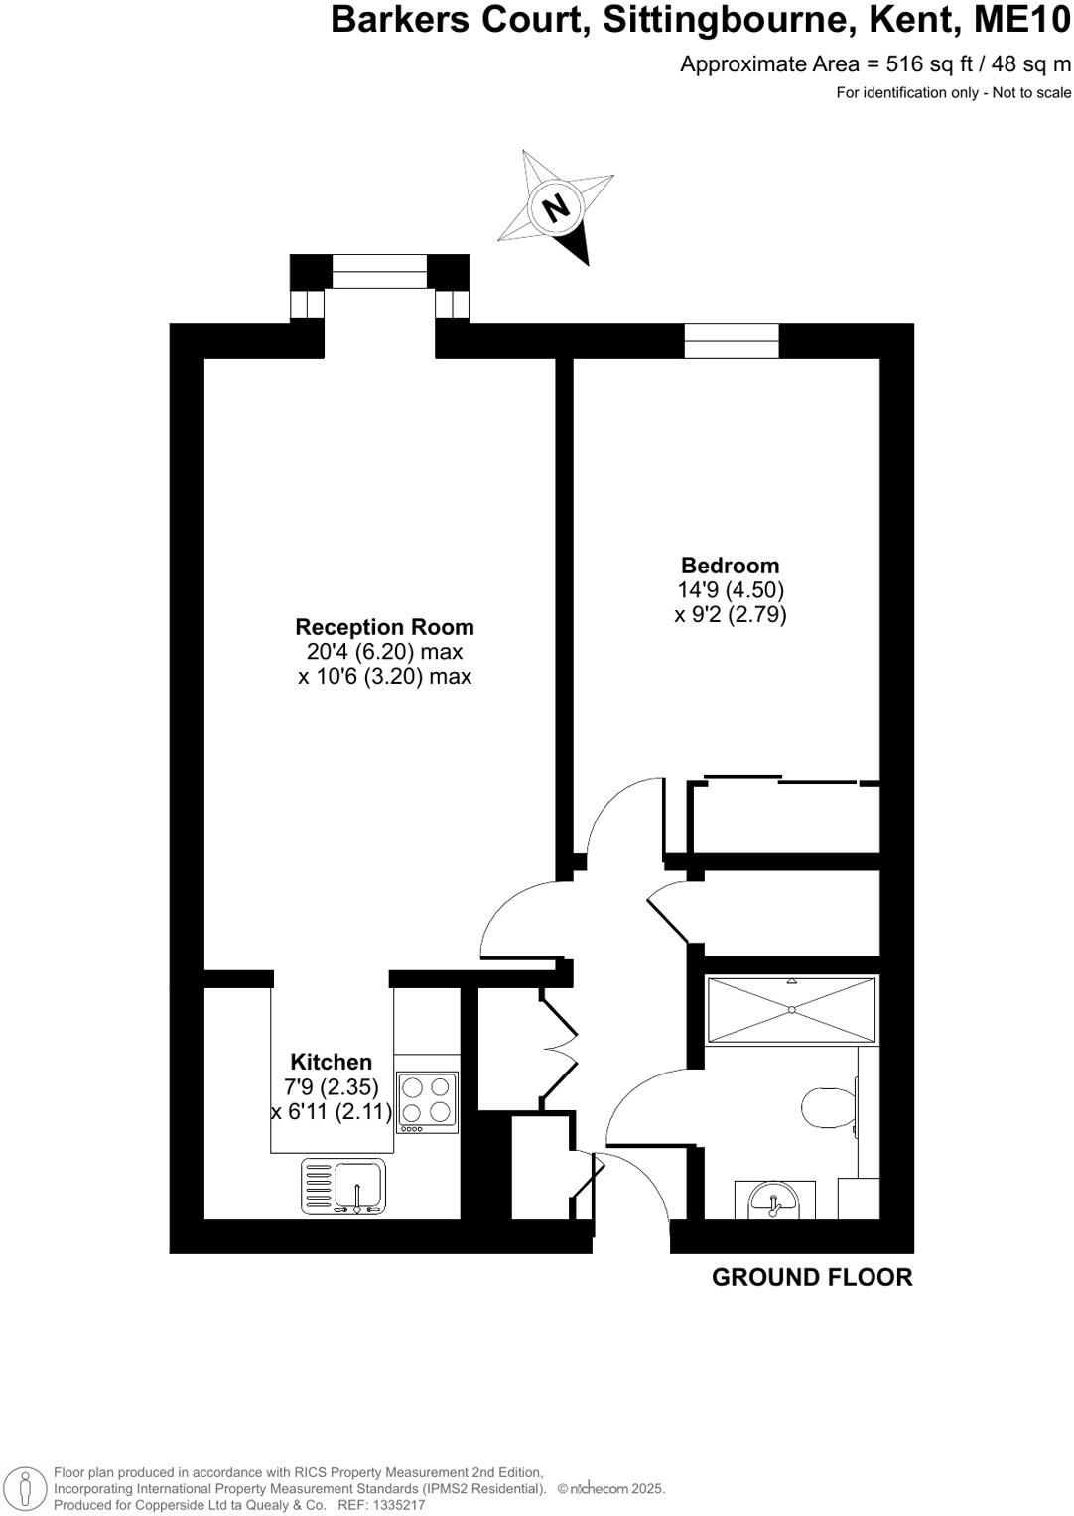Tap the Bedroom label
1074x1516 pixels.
click(730, 566)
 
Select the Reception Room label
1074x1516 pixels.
click(384, 627)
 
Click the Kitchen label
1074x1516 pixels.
click(331, 1062)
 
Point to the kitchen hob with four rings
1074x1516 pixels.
click(427, 1103)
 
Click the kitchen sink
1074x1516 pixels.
click(356, 1187)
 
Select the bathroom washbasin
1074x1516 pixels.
click(773, 1200)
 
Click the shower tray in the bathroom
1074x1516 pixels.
click(791, 1010)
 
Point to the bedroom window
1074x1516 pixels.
click(732, 340)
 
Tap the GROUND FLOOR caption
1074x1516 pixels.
click(812, 1278)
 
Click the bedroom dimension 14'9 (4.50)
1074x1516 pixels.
click(730, 590)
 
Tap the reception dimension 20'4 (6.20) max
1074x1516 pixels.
click(384, 652)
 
